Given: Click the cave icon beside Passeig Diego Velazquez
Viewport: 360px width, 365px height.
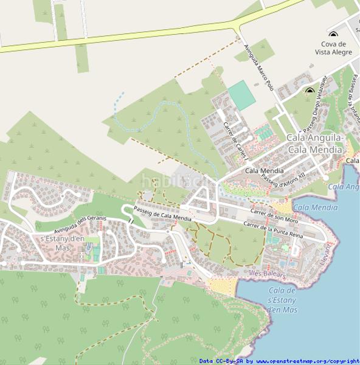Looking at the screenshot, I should pos(310,91).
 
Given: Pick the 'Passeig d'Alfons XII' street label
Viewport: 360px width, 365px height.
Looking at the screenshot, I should pos(283,177).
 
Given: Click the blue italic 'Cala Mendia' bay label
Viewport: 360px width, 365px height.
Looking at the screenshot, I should pos(316,207).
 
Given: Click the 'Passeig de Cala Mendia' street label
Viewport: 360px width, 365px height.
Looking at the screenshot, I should pos(162,214).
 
